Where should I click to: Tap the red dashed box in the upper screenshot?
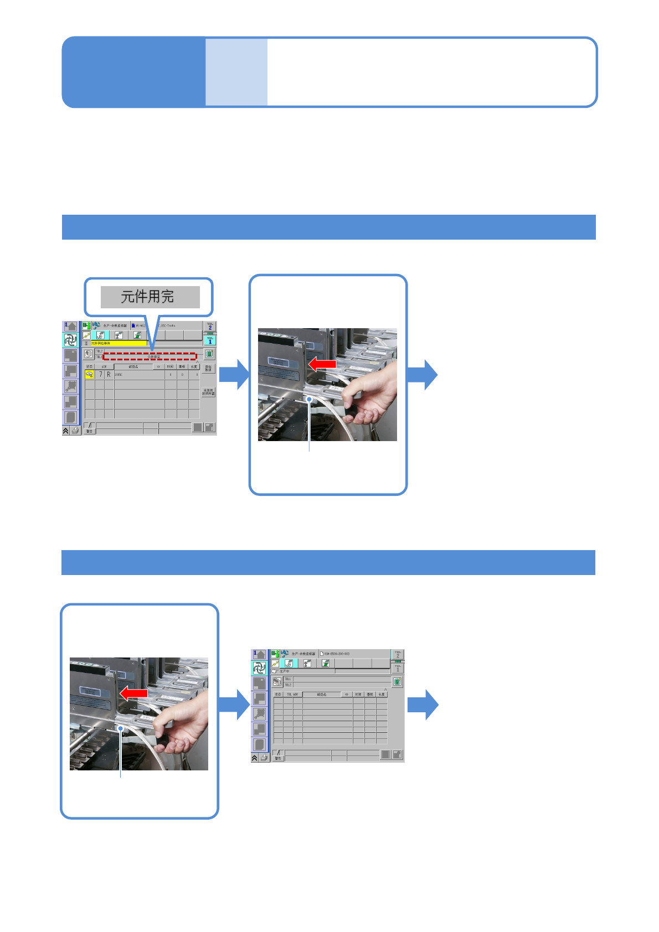click(150, 357)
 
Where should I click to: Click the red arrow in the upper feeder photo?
click(322, 364)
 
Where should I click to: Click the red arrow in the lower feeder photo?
click(133, 693)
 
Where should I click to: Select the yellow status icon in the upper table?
click(89, 375)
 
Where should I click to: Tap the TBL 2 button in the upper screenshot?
click(210, 327)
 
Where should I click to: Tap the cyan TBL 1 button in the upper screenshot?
click(210, 340)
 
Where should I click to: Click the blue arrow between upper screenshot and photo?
click(234, 374)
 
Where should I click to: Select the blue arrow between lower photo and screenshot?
click(234, 705)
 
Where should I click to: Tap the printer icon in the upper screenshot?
click(75, 430)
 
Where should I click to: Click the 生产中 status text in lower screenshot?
click(285, 671)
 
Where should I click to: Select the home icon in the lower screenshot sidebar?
click(259, 654)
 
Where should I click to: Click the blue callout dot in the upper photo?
click(309, 398)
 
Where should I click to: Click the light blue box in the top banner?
click(236, 72)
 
